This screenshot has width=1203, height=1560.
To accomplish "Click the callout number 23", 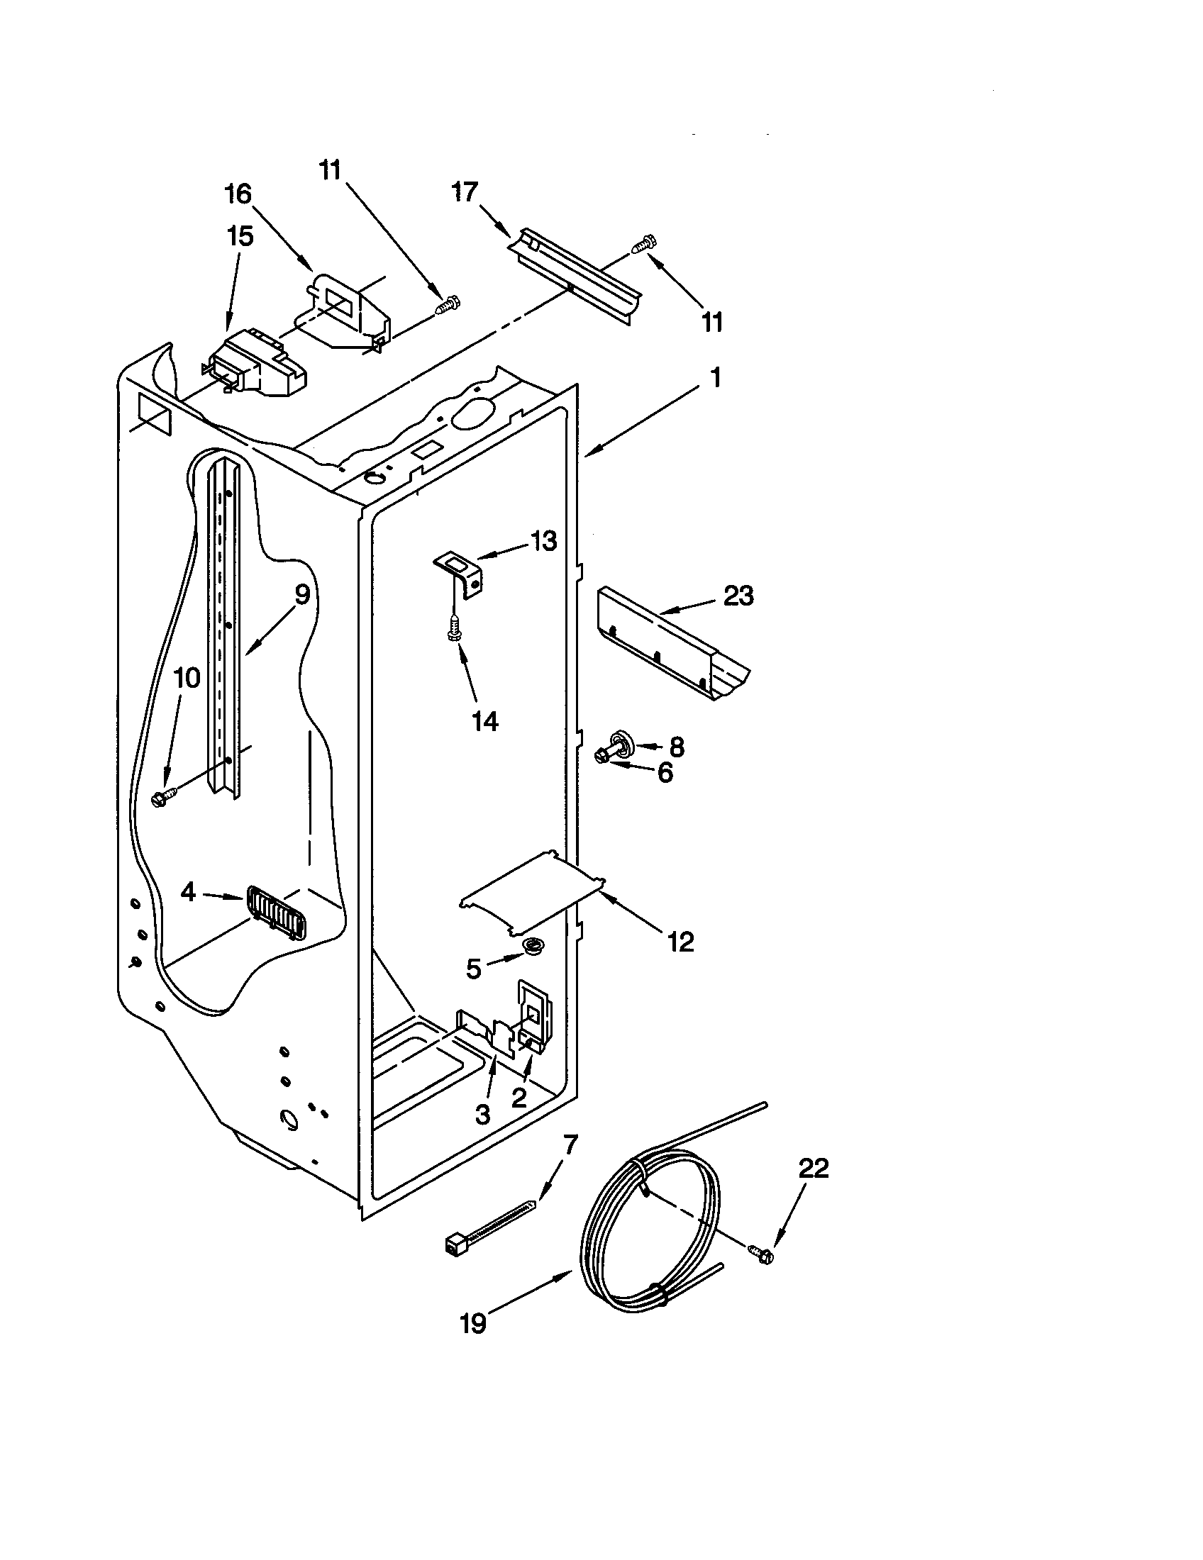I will [738, 596].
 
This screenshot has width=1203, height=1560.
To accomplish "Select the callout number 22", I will [813, 1169].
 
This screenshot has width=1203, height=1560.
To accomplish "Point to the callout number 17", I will [465, 191].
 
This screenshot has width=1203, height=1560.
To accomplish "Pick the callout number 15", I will [240, 236].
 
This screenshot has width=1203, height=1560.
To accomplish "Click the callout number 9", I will [301, 594].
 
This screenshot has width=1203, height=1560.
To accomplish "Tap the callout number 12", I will [680, 942].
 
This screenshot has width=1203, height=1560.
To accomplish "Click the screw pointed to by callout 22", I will [760, 1252].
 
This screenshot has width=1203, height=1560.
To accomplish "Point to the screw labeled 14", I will [453, 629].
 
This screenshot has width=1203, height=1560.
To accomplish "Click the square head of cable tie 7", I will [453, 1245].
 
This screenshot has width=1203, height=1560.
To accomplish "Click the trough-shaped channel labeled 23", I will [672, 643].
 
